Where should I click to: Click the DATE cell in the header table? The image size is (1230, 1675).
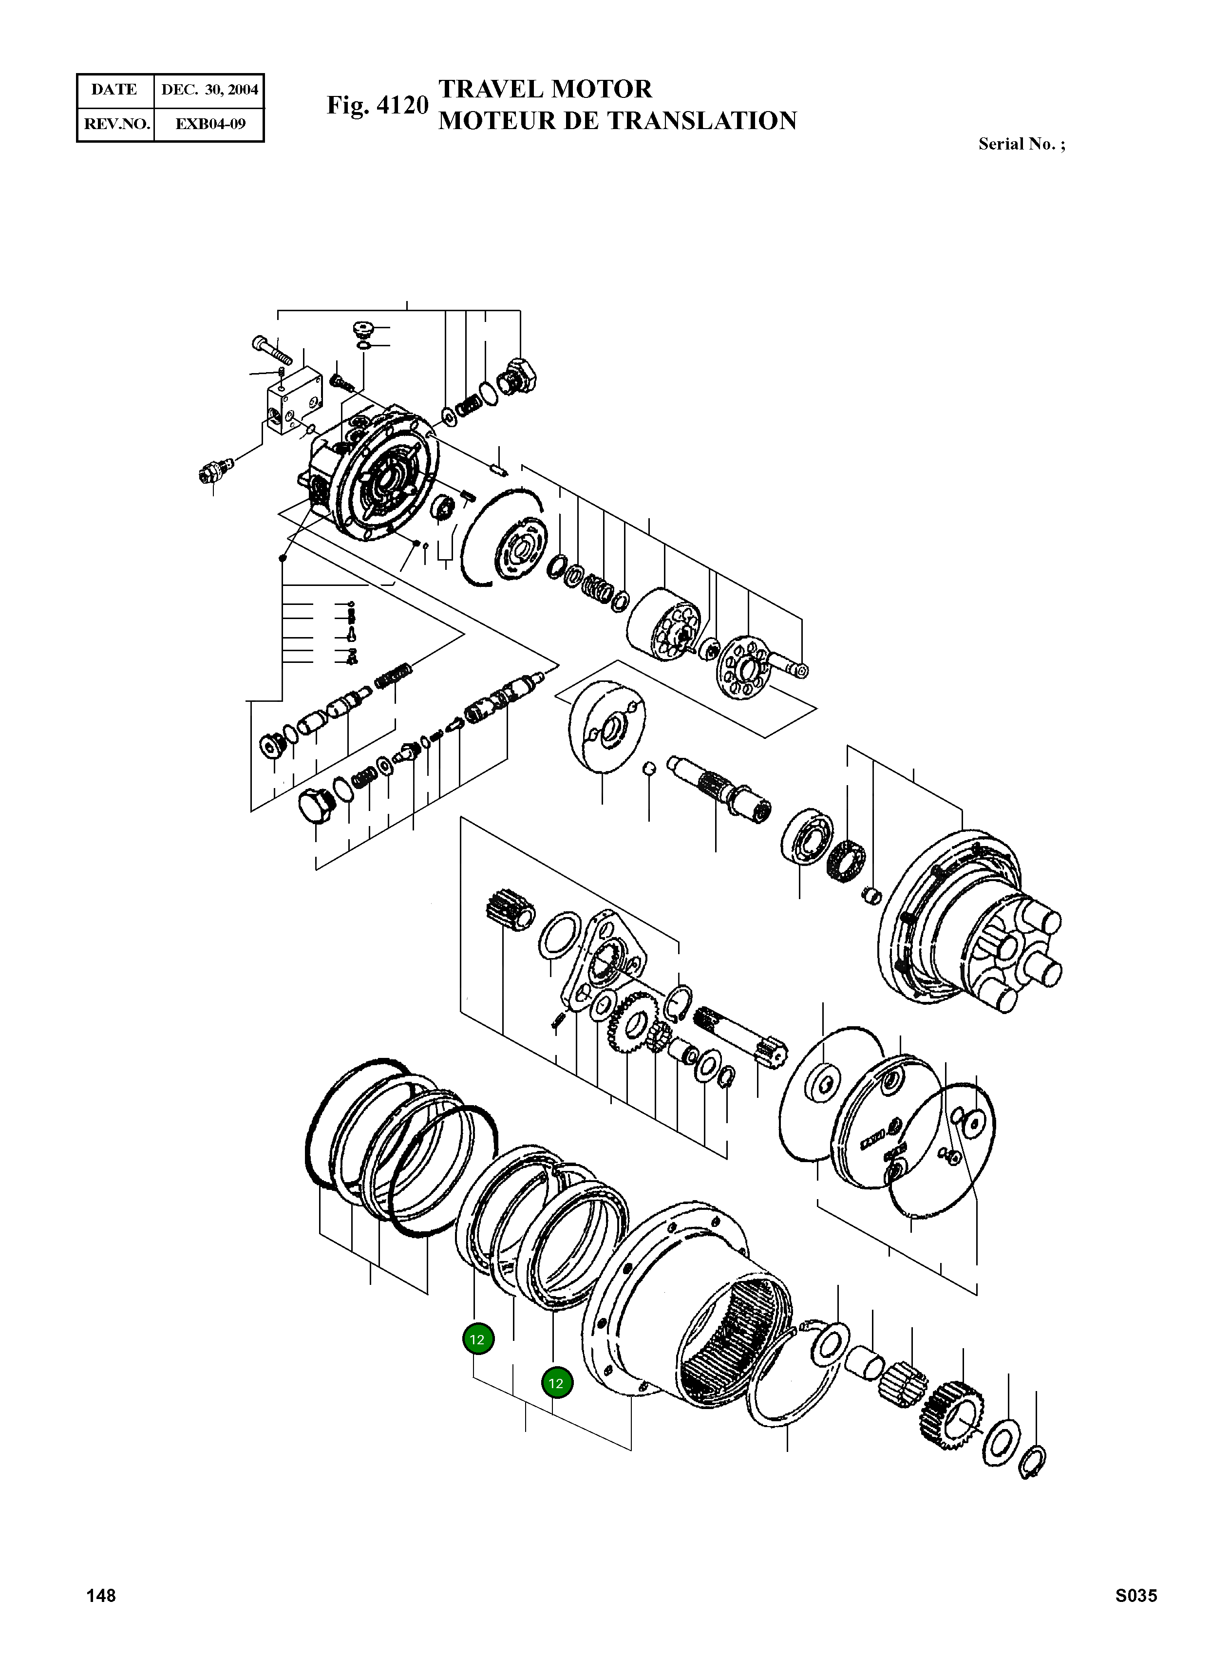click(114, 90)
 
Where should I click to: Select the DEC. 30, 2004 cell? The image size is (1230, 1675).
click(209, 90)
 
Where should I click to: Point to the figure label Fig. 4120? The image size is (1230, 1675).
click(378, 106)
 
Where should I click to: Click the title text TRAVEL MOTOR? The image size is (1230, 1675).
click(545, 89)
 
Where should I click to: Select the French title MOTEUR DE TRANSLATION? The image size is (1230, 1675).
click(617, 121)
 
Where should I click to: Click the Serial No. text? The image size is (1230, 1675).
click(1021, 145)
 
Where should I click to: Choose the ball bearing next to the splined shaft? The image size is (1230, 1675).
click(807, 838)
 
